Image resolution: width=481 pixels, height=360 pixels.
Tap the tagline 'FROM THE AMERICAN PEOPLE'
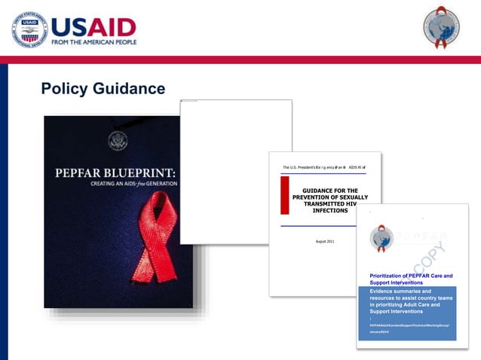pos(94,42)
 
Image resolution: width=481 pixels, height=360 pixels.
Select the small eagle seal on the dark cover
pos(118,141)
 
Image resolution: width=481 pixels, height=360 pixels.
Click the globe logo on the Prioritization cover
pos(381,239)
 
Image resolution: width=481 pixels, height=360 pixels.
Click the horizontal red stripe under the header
pos(240,59)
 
